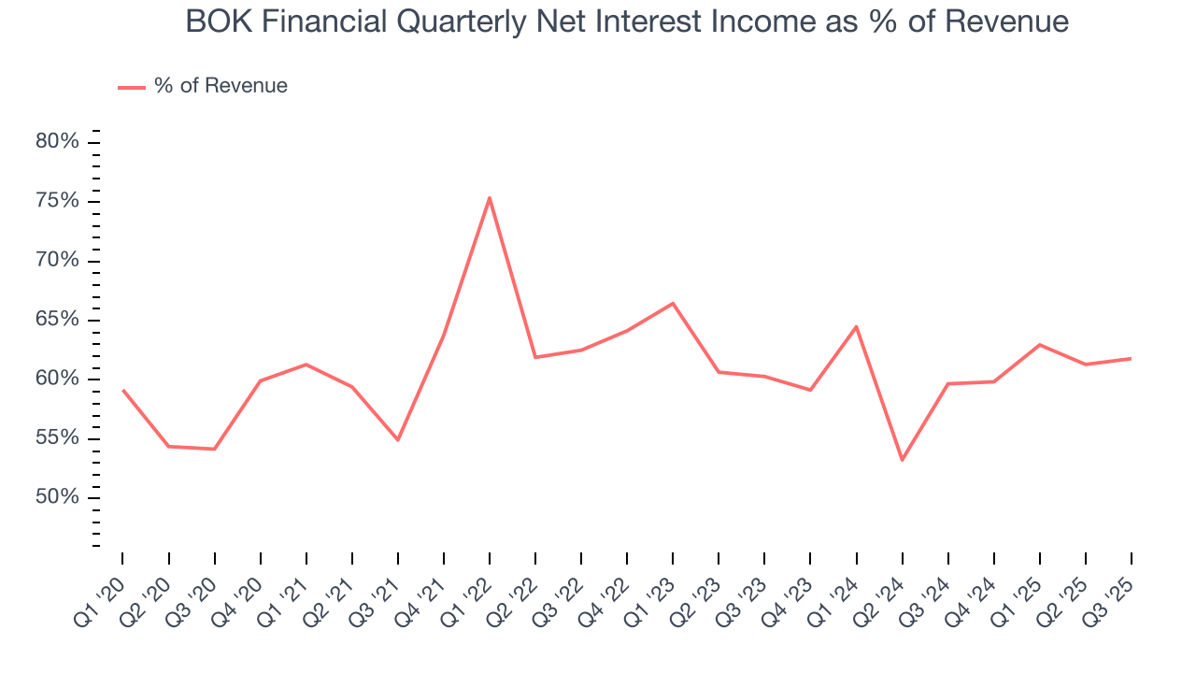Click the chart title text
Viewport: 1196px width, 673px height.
pyautogui.click(x=627, y=21)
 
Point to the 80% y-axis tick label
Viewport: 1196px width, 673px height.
pyautogui.click(x=57, y=142)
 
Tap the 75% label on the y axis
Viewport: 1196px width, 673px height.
pyautogui.click(x=57, y=201)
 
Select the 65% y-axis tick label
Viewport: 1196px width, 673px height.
pyautogui.click(x=57, y=320)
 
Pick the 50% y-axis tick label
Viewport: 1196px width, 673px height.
pyautogui.click(x=57, y=497)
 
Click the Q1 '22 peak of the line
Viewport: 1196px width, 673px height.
pyautogui.click(x=490, y=197)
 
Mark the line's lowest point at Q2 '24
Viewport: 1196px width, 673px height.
pyautogui.click(x=902, y=460)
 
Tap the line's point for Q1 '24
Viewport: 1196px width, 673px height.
pyautogui.click(x=856, y=326)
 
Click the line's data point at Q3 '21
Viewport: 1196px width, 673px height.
pyautogui.click(x=398, y=439)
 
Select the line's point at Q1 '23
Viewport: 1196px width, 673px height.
pyautogui.click(x=673, y=303)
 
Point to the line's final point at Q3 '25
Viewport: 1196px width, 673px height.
pyautogui.click(x=1131, y=358)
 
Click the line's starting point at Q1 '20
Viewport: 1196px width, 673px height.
pyautogui.click(x=122, y=390)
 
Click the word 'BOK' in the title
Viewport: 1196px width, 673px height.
pyautogui.click(x=218, y=21)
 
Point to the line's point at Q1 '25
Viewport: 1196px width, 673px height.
pyautogui.click(x=1039, y=345)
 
